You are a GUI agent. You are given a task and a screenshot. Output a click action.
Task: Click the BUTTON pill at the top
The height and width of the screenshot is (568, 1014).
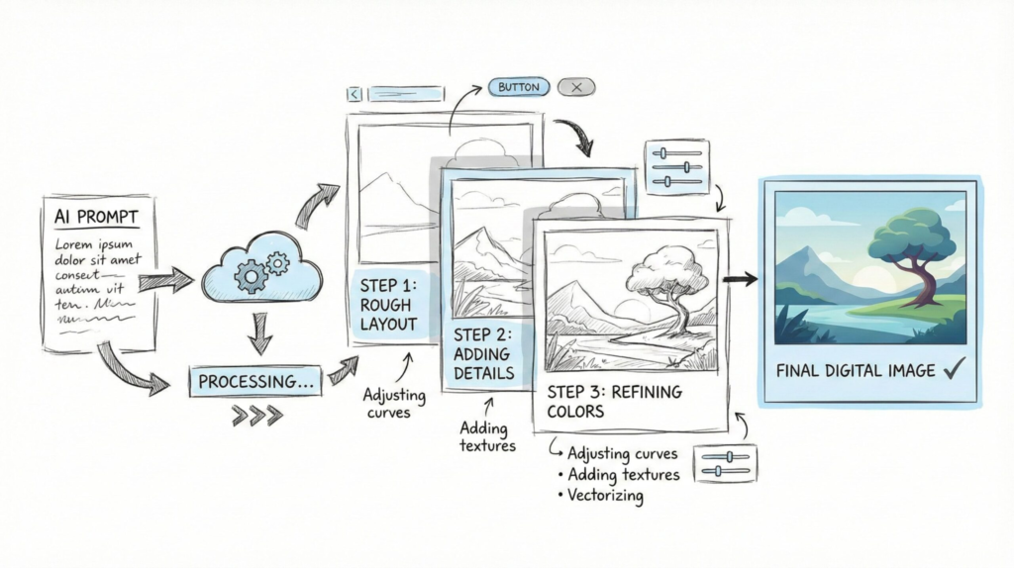click(519, 87)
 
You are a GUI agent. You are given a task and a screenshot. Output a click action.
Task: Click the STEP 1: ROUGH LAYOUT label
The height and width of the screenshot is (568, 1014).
click(389, 305)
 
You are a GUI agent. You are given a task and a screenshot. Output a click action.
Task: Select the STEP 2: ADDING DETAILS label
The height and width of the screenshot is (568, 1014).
click(483, 353)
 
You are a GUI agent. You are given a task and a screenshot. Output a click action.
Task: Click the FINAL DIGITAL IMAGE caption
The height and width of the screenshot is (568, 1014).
click(857, 371)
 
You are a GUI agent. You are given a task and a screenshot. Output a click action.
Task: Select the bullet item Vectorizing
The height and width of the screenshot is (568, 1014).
click(606, 496)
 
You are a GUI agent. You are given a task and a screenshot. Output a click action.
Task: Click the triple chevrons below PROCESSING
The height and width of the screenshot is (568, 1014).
click(255, 416)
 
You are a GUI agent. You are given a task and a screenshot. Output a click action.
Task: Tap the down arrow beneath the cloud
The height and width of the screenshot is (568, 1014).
click(259, 333)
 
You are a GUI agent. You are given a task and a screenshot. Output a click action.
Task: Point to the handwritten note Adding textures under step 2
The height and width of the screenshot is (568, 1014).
click(488, 436)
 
